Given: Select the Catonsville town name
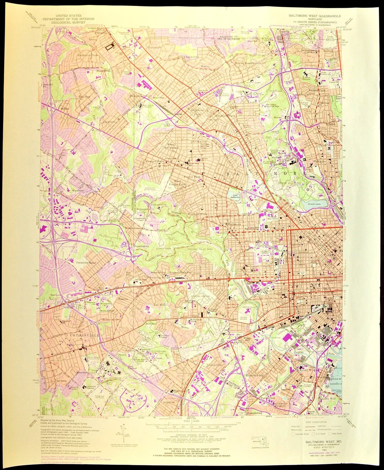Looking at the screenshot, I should tap(80, 335).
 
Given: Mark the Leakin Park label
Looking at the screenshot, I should tap(164, 249).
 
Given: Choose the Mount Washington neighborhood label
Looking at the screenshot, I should tap(248, 63).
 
